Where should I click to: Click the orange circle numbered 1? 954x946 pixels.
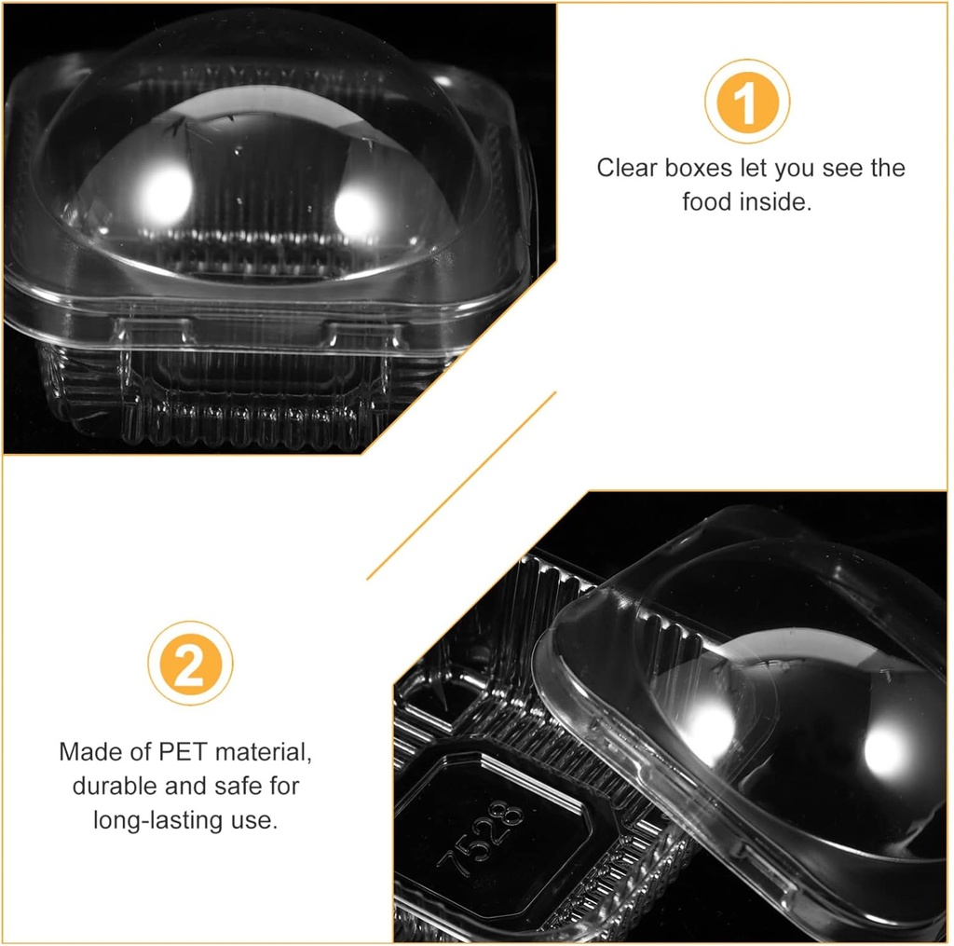pyautogui.click(x=747, y=101)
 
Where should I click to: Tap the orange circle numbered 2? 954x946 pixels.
pyautogui.click(x=190, y=663)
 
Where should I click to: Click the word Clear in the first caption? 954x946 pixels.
pyautogui.click(x=627, y=168)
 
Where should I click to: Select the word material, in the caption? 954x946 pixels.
pyautogui.click(x=264, y=752)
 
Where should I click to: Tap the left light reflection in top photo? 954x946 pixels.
pyautogui.click(x=163, y=195)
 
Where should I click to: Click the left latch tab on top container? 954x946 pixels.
pyautogui.click(x=156, y=331)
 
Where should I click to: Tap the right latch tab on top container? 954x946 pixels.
pyautogui.click(x=363, y=335)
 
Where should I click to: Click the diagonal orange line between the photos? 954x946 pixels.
pyautogui.click(x=461, y=486)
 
